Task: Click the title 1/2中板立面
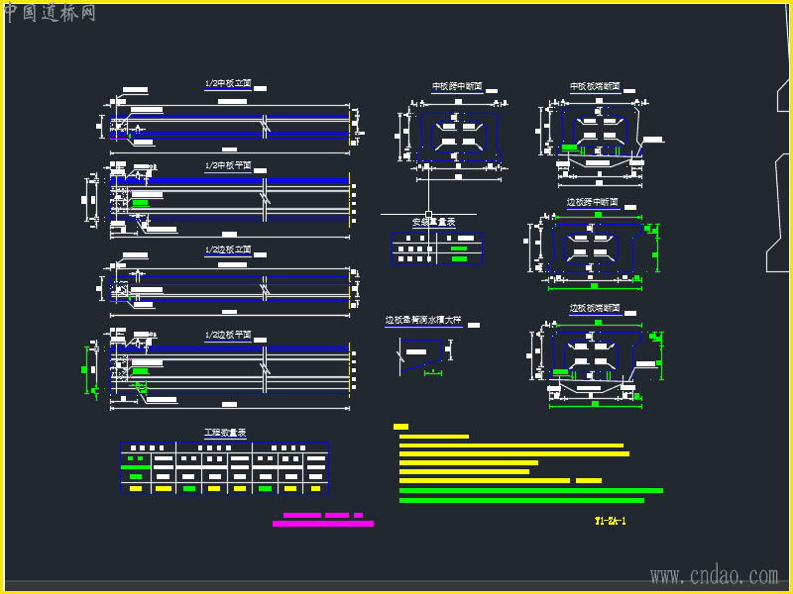(x=228, y=85)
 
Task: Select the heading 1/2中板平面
(x=228, y=166)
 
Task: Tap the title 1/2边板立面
(x=228, y=250)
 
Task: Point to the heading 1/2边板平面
(x=228, y=336)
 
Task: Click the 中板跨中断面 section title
(x=457, y=87)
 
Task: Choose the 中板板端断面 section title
(x=595, y=87)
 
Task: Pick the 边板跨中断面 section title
(x=592, y=202)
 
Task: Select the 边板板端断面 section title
(x=595, y=309)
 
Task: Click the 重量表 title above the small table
(x=433, y=223)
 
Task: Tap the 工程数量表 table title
(x=225, y=433)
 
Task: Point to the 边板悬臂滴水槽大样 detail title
(x=423, y=321)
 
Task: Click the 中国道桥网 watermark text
(x=50, y=13)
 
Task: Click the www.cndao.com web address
(x=714, y=575)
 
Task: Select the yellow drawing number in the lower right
(x=611, y=521)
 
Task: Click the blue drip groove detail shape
(x=422, y=351)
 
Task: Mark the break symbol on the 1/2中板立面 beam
(x=265, y=124)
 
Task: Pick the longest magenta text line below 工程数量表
(x=323, y=524)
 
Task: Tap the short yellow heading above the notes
(x=400, y=427)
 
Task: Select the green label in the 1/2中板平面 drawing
(x=140, y=203)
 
